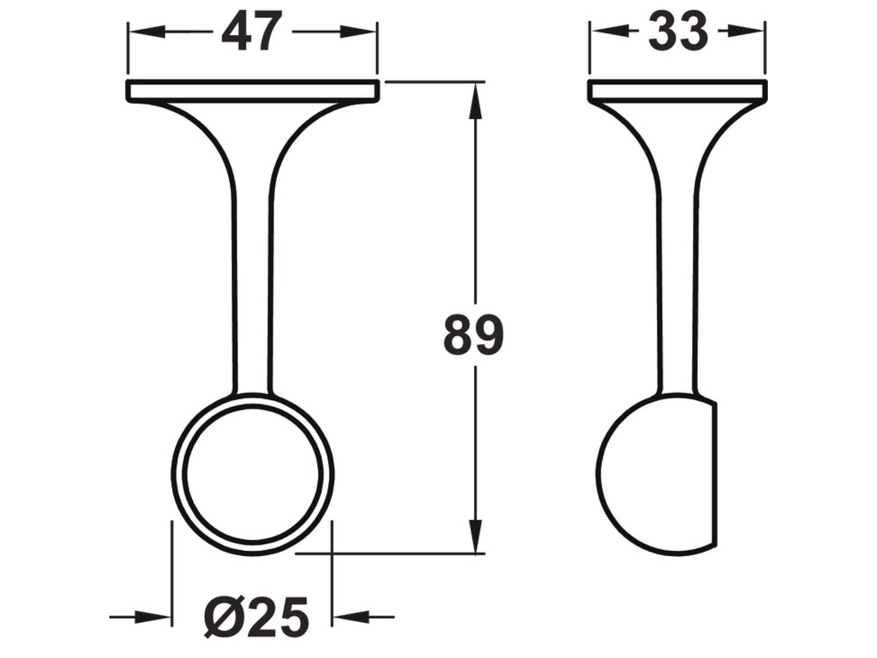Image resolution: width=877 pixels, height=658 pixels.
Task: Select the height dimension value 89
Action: point(473,335)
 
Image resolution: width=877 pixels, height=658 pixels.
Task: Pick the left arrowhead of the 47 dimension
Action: point(145,32)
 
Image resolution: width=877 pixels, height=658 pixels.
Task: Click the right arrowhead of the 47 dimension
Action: point(359,32)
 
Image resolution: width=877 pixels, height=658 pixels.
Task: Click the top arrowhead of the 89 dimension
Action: point(476,100)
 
